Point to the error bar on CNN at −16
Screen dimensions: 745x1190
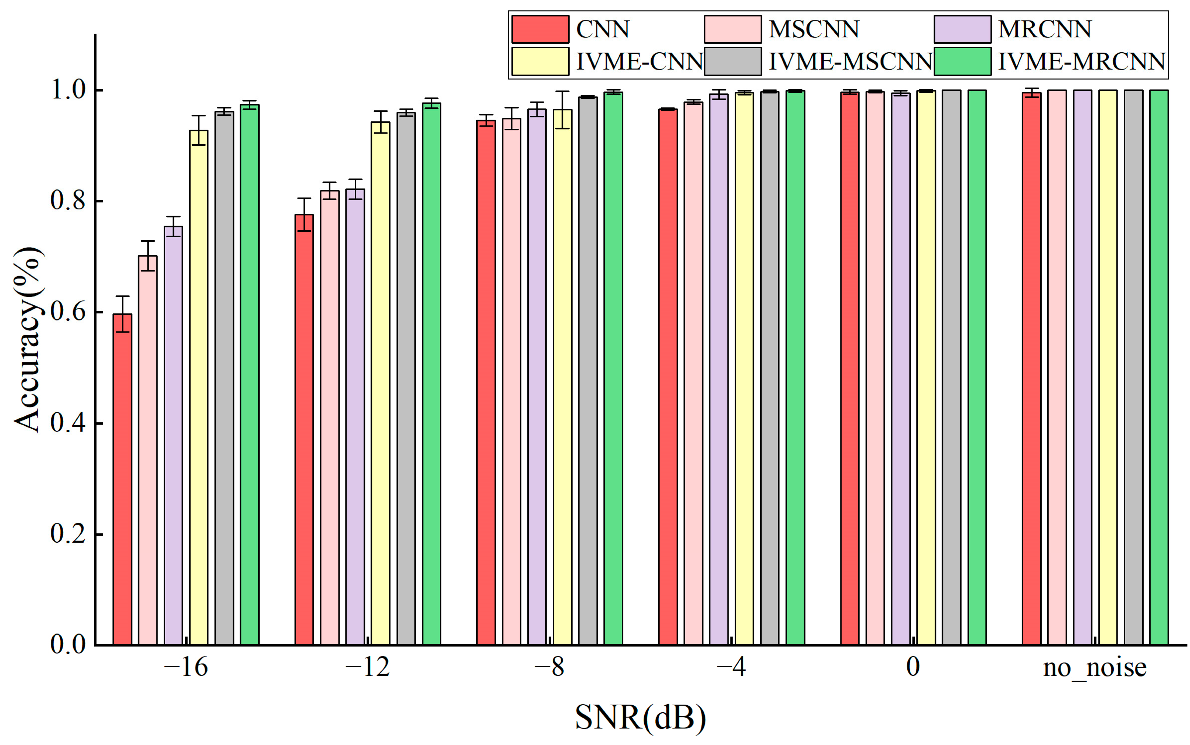pyautogui.click(x=122, y=314)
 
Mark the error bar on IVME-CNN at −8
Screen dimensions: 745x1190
pyautogui.click(x=562, y=109)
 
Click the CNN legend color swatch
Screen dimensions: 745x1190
pyautogui.click(x=540, y=29)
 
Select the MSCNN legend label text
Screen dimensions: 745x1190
pyautogui.click(x=814, y=29)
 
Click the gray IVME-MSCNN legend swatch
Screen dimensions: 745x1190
pyautogui.click(x=733, y=61)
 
